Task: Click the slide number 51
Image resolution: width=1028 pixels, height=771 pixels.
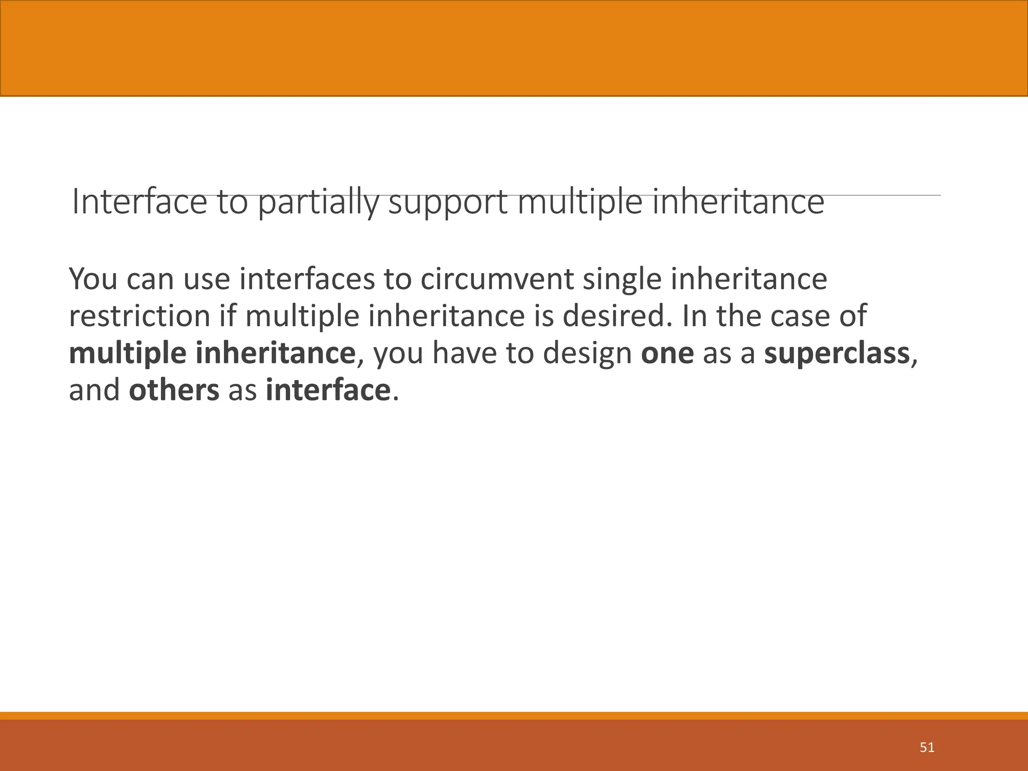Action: click(x=927, y=747)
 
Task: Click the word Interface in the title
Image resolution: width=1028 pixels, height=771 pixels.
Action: click(x=139, y=202)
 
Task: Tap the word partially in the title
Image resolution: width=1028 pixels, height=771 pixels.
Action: click(x=318, y=202)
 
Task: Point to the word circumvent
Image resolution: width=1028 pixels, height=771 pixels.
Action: click(x=497, y=279)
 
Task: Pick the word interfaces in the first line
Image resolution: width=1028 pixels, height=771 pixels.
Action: click(x=307, y=279)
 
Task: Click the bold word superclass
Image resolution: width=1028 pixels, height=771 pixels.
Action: click(x=837, y=353)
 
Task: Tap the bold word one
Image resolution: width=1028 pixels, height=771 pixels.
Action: click(x=667, y=353)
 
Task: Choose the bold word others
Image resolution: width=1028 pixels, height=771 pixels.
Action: click(x=174, y=391)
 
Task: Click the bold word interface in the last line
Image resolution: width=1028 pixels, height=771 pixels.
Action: click(x=328, y=391)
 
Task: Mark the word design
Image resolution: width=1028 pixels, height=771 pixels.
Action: click(x=587, y=353)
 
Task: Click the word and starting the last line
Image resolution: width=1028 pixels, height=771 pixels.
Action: click(x=94, y=391)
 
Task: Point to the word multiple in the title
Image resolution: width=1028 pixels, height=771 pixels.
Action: click(x=580, y=202)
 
